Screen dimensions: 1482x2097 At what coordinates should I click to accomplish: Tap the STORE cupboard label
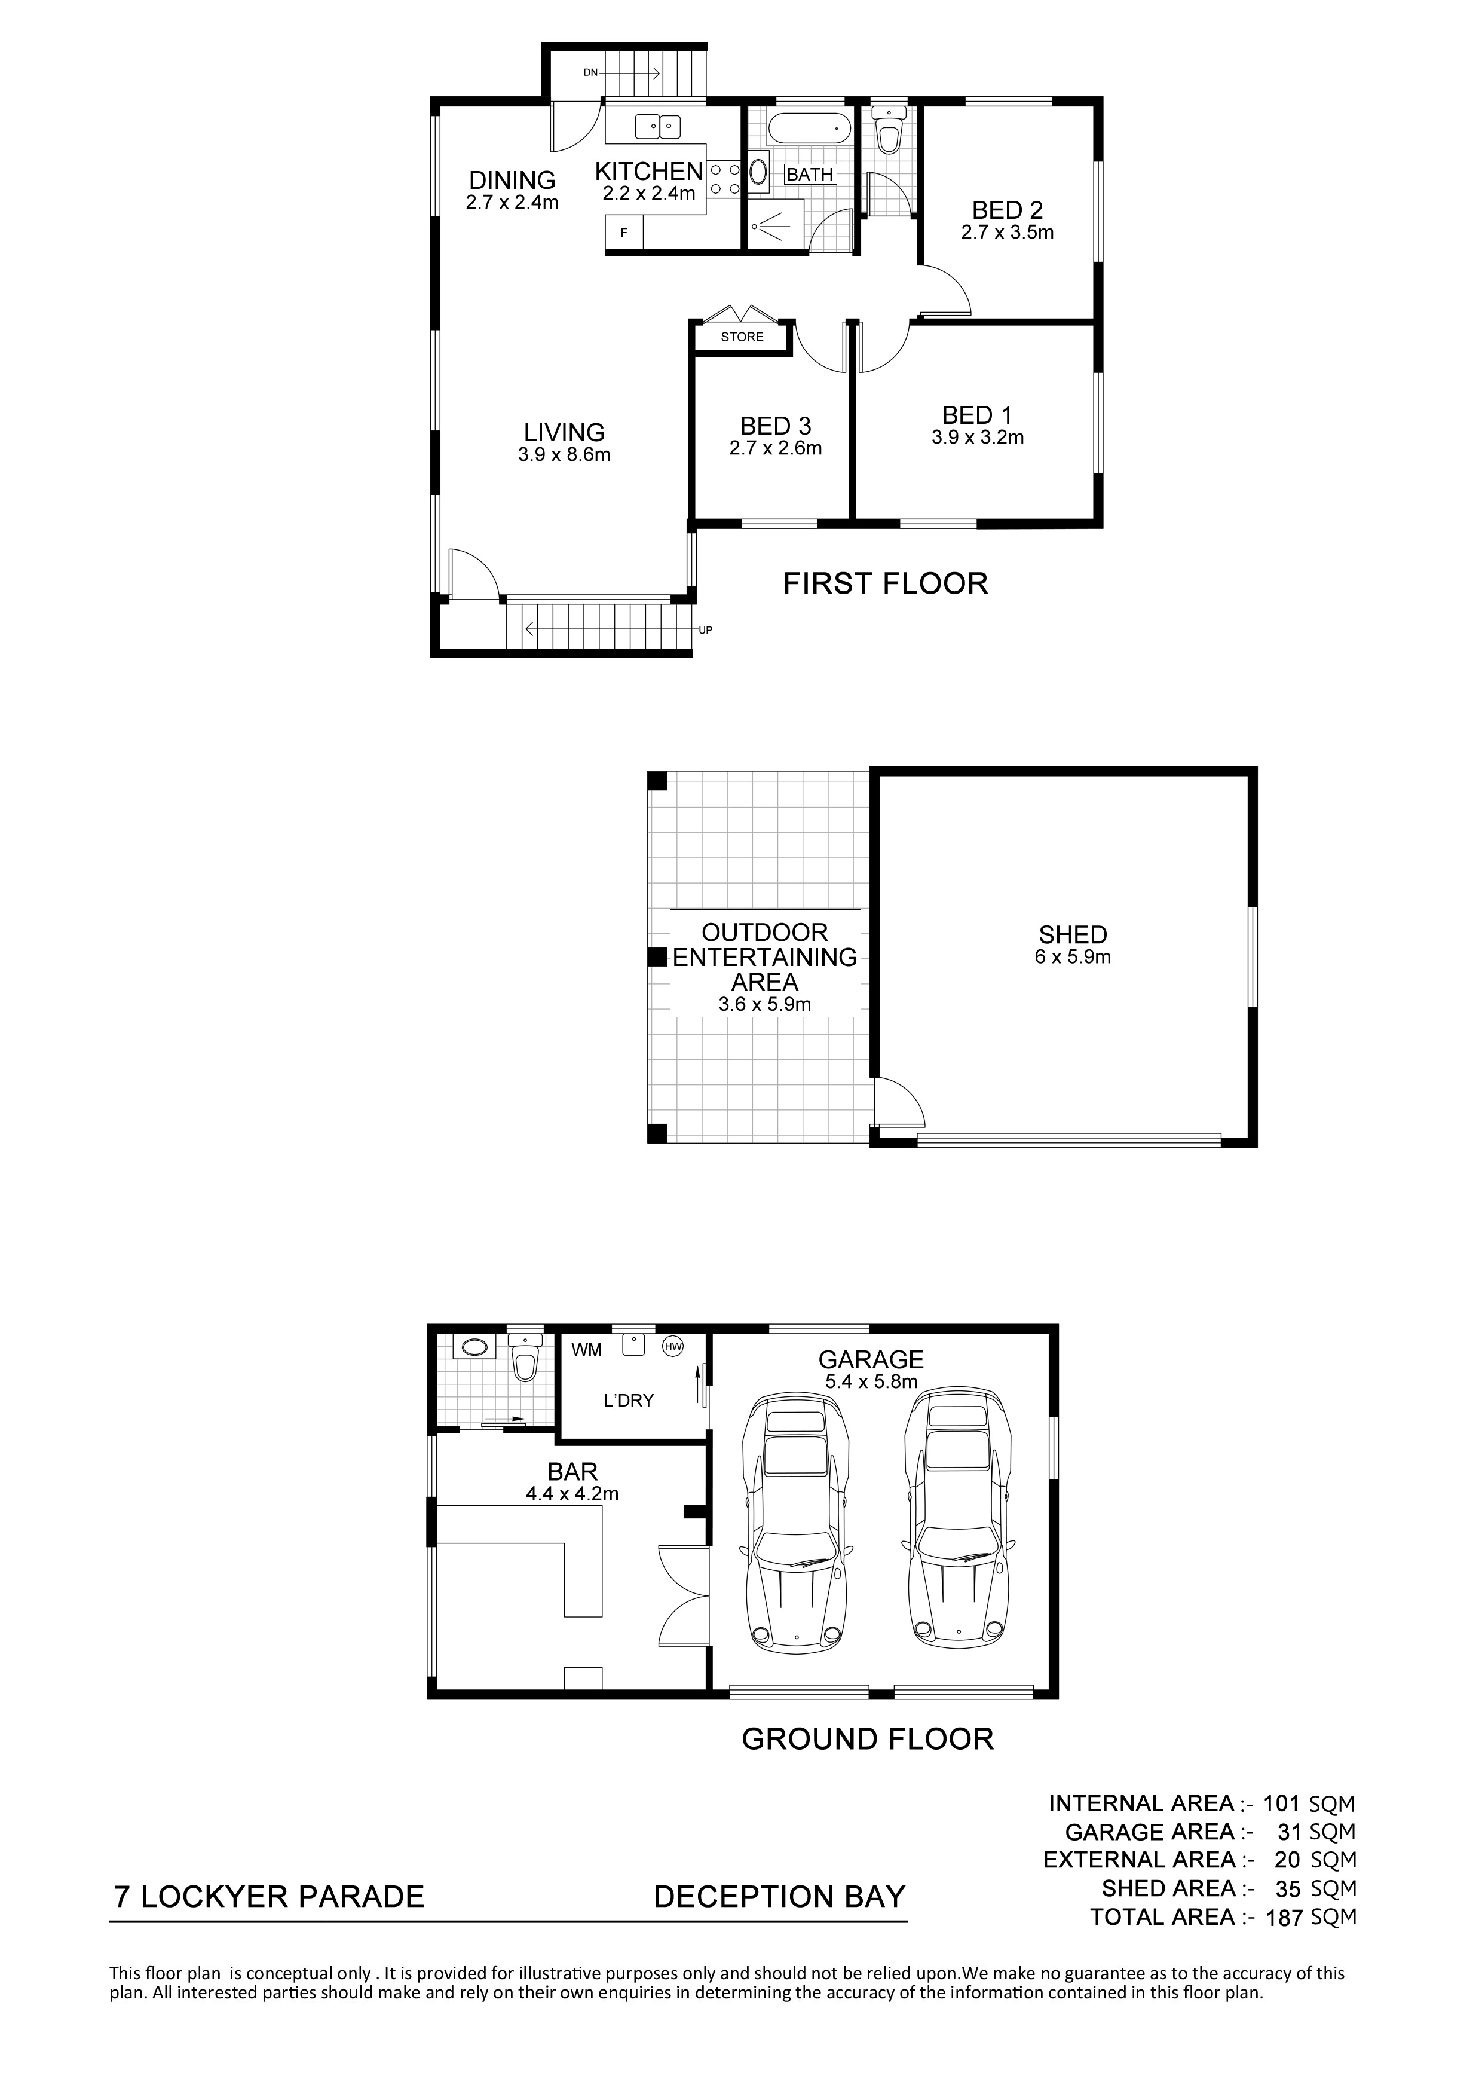point(742,337)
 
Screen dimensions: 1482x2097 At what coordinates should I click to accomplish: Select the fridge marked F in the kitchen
point(624,232)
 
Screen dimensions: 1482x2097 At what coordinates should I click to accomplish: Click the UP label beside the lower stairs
point(705,629)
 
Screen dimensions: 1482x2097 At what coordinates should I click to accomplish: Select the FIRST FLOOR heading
point(886,583)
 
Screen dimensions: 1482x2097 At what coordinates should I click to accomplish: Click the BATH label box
point(810,173)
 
